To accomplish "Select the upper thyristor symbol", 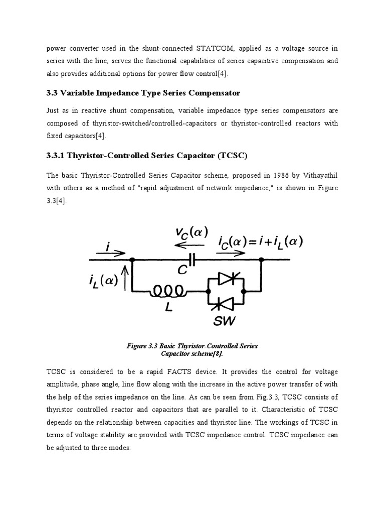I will pyautogui.click(x=226, y=280).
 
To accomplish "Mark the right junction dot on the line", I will pyautogui.click(x=261, y=260).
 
